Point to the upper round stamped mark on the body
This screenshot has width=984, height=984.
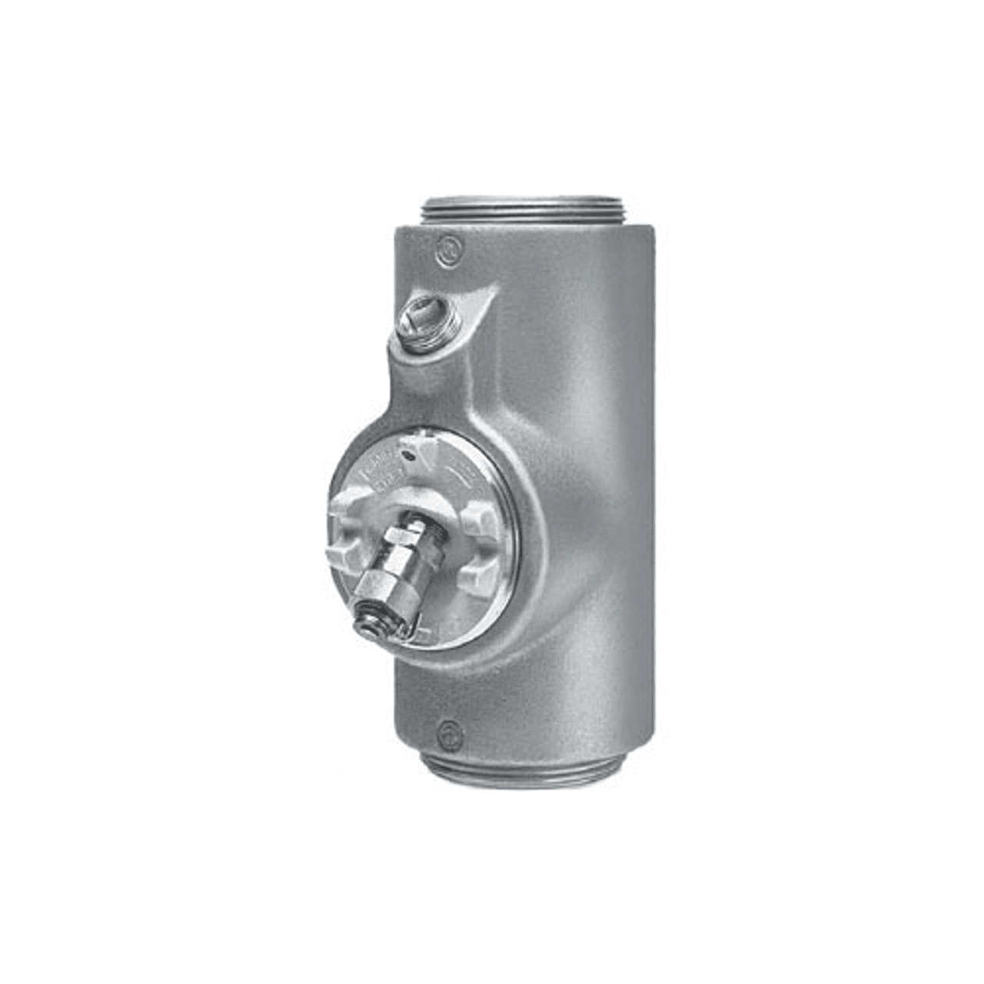(445, 248)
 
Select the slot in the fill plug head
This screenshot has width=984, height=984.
(416, 314)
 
